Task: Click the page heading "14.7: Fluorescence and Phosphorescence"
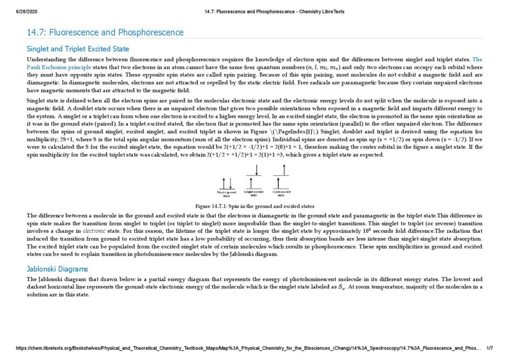pyautogui.click(x=105, y=33)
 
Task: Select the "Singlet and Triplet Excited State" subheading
pyautogui.click(x=78, y=49)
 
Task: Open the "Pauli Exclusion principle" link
pyautogui.click(x=59, y=67)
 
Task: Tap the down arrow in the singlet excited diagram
pyautogui.click(x=256, y=171)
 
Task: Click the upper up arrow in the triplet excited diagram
pyautogui.click(x=282, y=171)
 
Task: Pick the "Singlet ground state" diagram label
pyautogui.click(x=227, y=194)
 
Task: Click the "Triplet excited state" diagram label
pyautogui.click(x=281, y=193)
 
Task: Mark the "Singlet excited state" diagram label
pyautogui.click(x=254, y=193)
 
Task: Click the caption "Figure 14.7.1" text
pyautogui.click(x=254, y=206)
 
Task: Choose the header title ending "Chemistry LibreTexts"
pyautogui.click(x=274, y=11)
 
